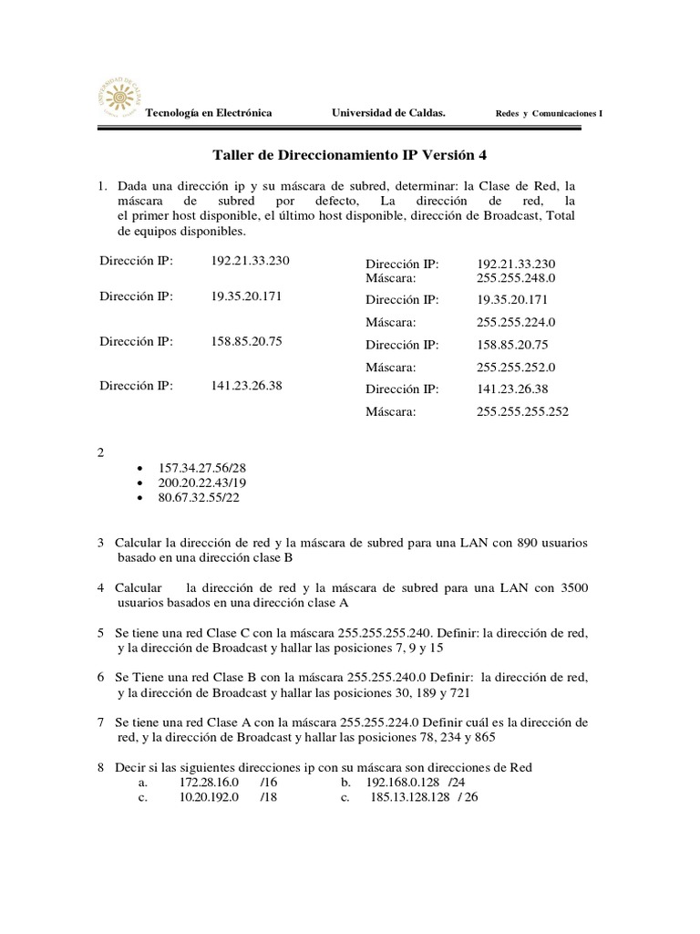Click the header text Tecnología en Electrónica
click(209, 113)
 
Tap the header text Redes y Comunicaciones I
click(548, 114)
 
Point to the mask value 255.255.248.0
click(515, 277)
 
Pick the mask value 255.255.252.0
click(515, 367)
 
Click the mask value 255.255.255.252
click(521, 411)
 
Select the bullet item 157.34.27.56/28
click(202, 467)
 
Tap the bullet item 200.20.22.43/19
click(202, 483)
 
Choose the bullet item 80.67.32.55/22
click(199, 498)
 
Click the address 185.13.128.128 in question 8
click(411, 797)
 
